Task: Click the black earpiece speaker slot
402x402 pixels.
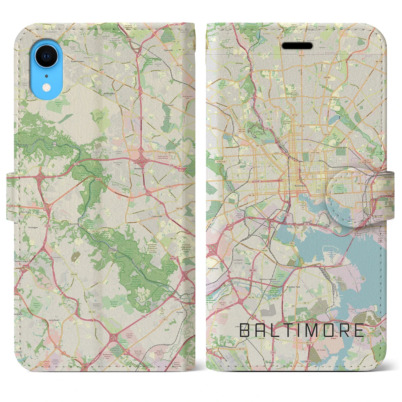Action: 297,46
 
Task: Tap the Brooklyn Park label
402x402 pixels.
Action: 293,287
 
